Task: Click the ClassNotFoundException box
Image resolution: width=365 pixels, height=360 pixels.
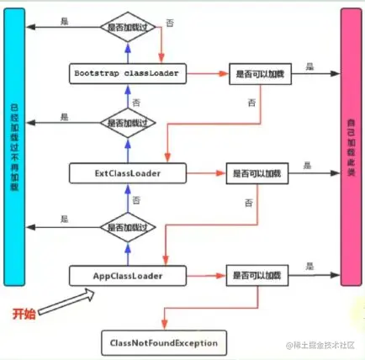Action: click(163, 343)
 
